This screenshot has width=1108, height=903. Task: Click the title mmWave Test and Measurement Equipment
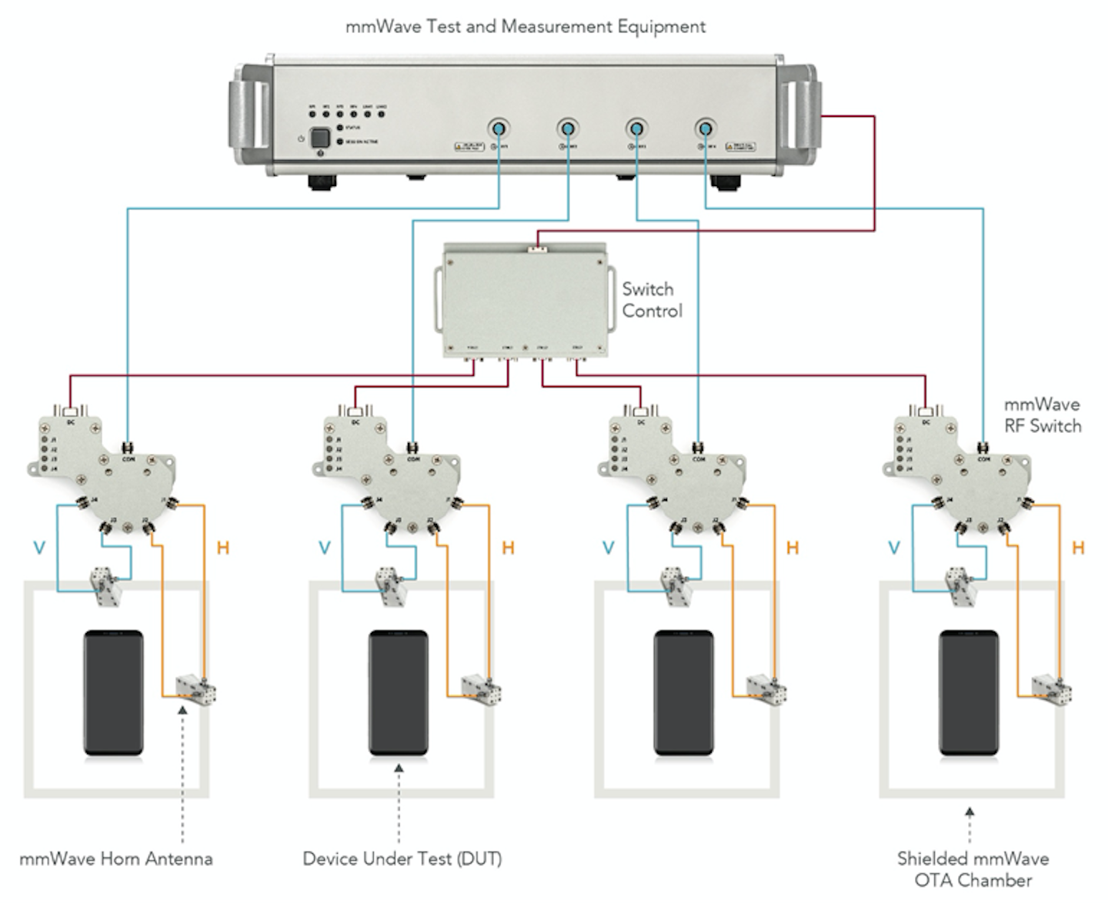(526, 27)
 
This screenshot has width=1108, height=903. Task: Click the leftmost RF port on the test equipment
(499, 129)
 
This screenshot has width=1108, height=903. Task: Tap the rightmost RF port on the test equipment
(706, 129)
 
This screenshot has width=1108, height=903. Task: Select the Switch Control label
(651, 300)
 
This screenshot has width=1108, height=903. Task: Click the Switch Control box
(525, 302)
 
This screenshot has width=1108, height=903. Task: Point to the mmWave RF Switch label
(1042, 415)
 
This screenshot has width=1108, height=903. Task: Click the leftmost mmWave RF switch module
(104, 469)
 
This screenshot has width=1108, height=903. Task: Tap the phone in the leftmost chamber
(114, 692)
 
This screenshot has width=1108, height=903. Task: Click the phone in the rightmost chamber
(969, 692)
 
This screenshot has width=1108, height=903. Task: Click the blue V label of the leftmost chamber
(39, 548)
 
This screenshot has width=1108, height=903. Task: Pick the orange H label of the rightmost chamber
(1078, 548)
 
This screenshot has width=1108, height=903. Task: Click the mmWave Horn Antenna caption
(116, 858)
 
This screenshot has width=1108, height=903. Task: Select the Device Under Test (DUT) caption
(402, 858)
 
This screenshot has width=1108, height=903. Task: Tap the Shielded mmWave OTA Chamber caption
(973, 869)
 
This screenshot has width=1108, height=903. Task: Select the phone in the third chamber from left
(683, 692)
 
